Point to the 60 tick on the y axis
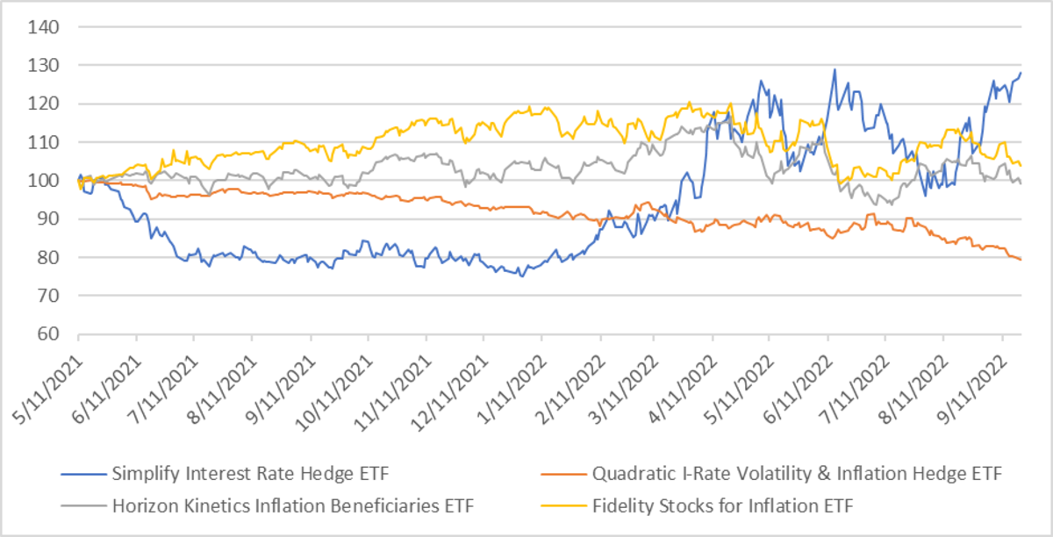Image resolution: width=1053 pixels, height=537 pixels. click(49, 334)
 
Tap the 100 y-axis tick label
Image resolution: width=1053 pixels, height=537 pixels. click(46, 181)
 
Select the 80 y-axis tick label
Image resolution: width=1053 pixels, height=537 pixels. click(49, 258)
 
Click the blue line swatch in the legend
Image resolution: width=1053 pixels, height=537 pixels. click(84, 476)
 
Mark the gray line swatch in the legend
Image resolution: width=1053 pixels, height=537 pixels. click(84, 505)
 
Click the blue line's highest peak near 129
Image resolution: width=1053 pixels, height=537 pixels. click(835, 69)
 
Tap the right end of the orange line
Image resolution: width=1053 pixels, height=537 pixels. click(1020, 259)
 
